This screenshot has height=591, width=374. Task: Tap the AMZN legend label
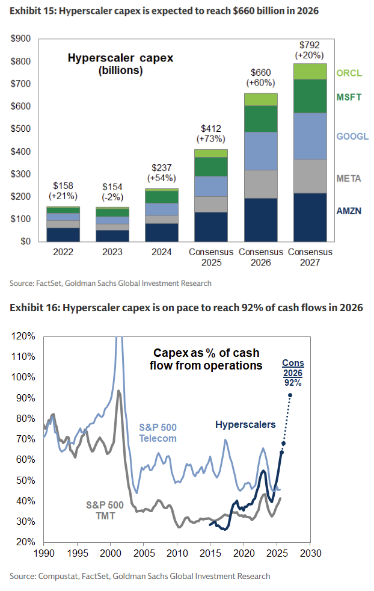(x=349, y=211)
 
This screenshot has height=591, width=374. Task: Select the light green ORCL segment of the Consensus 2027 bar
(x=310, y=71)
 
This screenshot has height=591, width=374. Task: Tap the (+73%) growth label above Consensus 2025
(x=211, y=138)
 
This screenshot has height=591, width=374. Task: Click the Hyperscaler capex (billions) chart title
(x=120, y=64)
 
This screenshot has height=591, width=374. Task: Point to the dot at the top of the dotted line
(x=290, y=395)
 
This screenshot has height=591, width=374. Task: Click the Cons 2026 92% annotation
(x=293, y=372)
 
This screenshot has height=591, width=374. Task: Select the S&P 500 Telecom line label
(x=158, y=433)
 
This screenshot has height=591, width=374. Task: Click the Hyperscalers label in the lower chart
(x=245, y=424)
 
